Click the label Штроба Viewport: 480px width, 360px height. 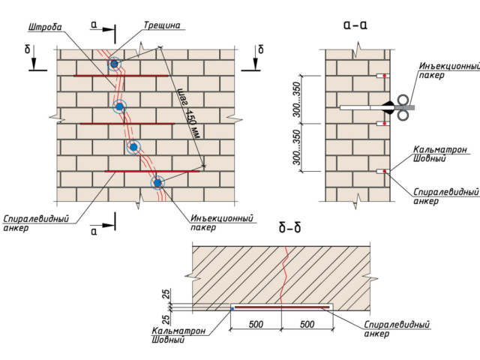point(45,28)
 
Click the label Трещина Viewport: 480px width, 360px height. point(162,25)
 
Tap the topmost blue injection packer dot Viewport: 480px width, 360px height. point(114,64)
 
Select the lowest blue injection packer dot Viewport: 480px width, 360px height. point(157,183)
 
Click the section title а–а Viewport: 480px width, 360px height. point(355,25)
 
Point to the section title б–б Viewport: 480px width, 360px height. point(290,228)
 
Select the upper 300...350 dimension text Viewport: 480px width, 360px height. point(297,99)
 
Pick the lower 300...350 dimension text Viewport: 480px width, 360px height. point(297,148)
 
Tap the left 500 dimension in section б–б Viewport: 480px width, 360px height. point(256,324)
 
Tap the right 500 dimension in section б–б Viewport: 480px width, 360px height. point(307,324)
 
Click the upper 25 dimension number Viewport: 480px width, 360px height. point(166,295)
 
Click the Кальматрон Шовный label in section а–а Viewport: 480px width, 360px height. point(440,154)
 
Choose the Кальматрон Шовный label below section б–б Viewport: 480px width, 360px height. point(178,335)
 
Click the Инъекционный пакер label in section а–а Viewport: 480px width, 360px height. point(449,70)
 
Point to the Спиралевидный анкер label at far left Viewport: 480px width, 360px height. point(36,223)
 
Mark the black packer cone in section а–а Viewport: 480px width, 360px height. point(388,107)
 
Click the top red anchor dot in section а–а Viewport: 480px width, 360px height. point(385,76)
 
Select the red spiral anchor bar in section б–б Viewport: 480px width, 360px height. point(282,307)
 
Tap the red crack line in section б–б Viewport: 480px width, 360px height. point(285,274)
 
